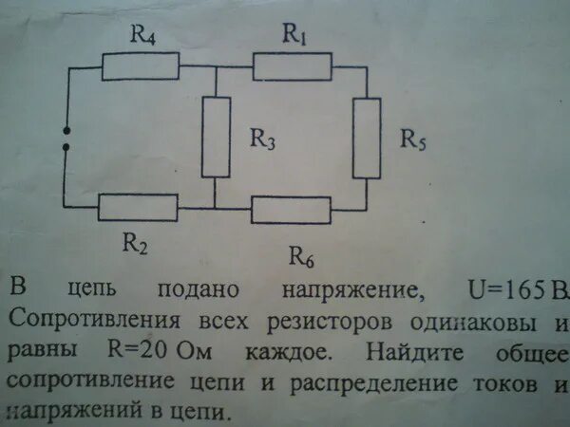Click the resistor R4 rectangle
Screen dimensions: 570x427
[x=141, y=66]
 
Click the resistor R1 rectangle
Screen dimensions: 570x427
[x=293, y=66]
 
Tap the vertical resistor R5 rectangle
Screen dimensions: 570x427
[x=367, y=137]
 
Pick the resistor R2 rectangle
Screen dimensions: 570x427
[x=139, y=207]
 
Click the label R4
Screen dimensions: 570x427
[x=142, y=36]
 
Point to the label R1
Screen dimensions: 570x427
[x=293, y=33]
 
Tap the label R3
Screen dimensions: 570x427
[x=262, y=139]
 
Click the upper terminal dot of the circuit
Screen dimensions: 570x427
[x=65, y=131]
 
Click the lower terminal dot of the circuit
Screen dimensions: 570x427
[x=65, y=149]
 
